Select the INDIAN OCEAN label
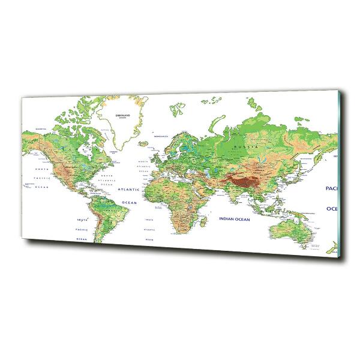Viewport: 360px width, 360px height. pyautogui.click(x=233, y=220)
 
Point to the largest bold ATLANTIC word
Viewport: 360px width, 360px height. pyautogui.click(x=128, y=189)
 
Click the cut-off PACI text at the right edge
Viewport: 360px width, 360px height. pyautogui.click(x=332, y=187)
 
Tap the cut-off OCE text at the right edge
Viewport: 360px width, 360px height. pyautogui.click(x=332, y=208)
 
